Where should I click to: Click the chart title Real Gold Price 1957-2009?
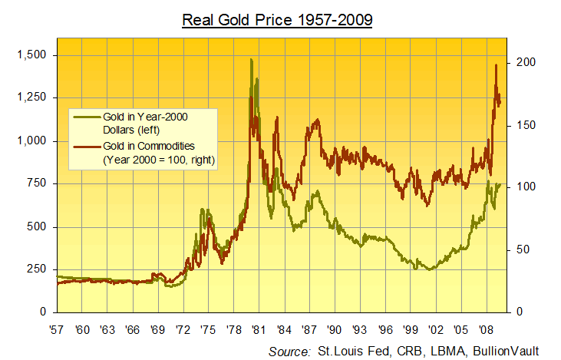coord(277,18)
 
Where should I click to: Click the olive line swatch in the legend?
coord(84,117)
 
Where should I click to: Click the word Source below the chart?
coord(289,351)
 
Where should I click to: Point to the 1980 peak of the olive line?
coord(251,60)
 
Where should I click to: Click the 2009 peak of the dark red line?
coord(496,65)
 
